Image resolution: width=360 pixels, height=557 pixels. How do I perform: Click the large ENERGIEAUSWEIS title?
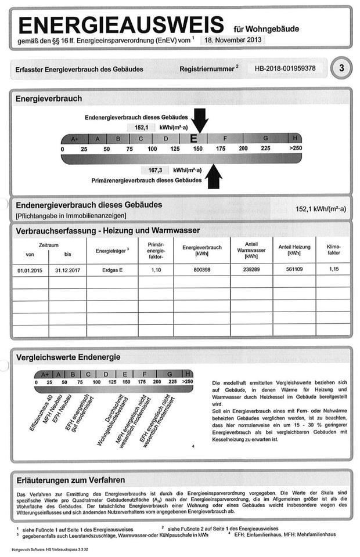(x=121, y=25)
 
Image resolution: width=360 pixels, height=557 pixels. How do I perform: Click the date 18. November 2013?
(x=232, y=40)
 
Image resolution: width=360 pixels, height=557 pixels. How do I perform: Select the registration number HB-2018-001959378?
(x=285, y=68)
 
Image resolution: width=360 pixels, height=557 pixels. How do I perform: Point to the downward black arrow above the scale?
(x=200, y=120)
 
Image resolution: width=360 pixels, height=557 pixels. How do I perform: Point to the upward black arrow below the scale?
(x=214, y=176)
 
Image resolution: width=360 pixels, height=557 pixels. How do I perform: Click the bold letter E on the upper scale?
(x=195, y=139)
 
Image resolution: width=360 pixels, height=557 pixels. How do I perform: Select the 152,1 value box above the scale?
(x=141, y=126)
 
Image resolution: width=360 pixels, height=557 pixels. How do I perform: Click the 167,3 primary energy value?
(x=154, y=170)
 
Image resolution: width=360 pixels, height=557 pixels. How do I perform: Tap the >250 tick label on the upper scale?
(x=295, y=149)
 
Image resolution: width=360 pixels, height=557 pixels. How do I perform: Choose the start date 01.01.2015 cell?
(x=30, y=270)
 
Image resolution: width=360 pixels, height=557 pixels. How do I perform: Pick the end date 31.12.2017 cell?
(x=67, y=270)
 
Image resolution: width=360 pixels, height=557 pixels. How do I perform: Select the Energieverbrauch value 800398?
(x=201, y=270)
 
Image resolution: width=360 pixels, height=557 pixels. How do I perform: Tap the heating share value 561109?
(x=293, y=270)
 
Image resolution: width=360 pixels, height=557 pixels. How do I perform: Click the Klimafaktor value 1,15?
(x=333, y=270)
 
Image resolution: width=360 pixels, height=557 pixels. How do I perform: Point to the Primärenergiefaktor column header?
(x=156, y=251)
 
